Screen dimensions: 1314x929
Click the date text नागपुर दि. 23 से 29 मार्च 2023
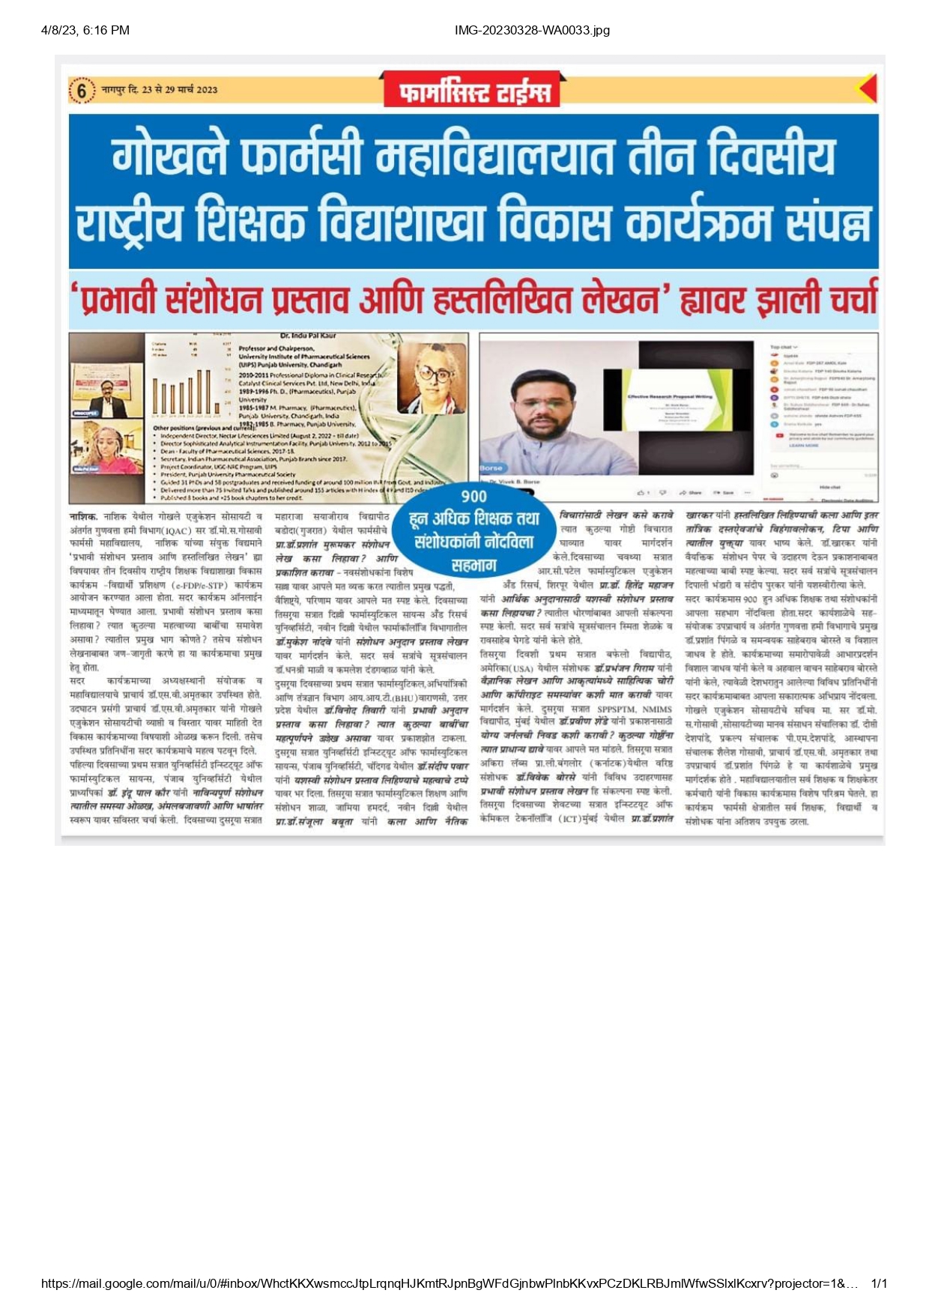point(160,90)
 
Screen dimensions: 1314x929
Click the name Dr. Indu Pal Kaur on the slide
point(307,336)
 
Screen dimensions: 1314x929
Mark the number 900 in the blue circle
point(473,497)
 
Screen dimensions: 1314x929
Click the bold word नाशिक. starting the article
point(83,517)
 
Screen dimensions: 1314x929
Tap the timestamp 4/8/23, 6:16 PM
point(85,31)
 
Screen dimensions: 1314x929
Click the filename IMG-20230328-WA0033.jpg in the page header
point(532,31)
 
